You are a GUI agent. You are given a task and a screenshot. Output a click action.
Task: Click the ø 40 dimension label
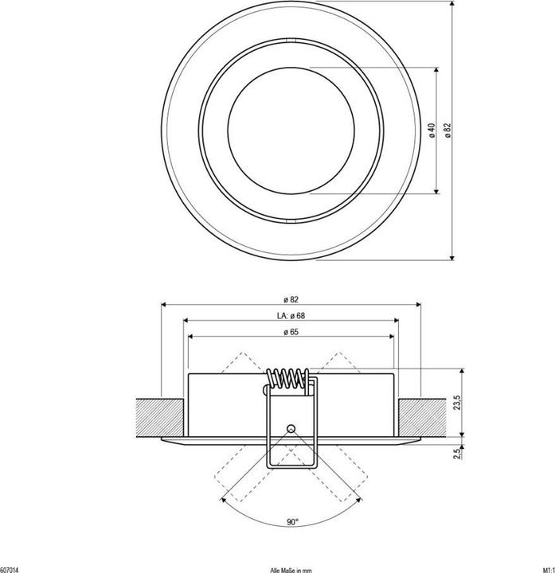coord(432,131)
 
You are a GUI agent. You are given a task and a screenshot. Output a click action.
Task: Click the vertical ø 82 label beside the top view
coord(448,131)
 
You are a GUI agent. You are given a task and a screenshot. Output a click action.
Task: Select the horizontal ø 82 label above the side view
coord(291,300)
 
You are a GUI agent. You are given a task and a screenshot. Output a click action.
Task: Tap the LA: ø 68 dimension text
coord(291,316)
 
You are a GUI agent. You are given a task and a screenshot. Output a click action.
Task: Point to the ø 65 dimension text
coord(291,332)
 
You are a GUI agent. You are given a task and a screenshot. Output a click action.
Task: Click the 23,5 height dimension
coord(457,403)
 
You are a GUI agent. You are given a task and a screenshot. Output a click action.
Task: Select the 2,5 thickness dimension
coord(457,454)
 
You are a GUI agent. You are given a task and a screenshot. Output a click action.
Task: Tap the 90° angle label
coord(292,522)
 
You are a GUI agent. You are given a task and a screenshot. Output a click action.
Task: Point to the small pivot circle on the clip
coord(291,429)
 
